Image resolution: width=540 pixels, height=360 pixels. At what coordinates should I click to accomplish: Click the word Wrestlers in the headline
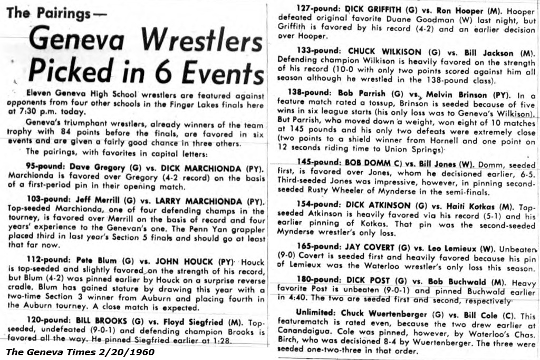coord(202,41)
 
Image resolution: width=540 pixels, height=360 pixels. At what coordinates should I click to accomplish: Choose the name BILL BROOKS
coord(99,322)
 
